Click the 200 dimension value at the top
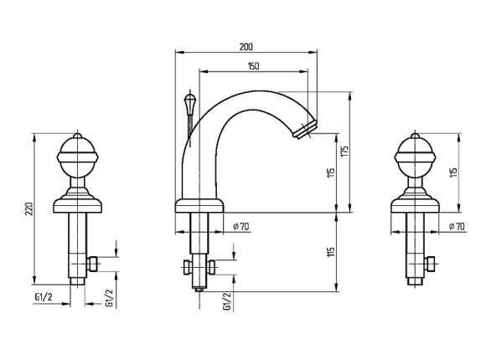click(x=246, y=47)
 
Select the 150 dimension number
click(x=254, y=66)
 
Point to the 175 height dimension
click(x=344, y=152)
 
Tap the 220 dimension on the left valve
click(x=28, y=209)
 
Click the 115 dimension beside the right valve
click(x=453, y=172)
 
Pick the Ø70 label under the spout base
click(x=241, y=227)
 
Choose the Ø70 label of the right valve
click(x=457, y=227)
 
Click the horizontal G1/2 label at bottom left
click(x=44, y=297)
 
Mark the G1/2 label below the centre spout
click(x=227, y=301)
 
